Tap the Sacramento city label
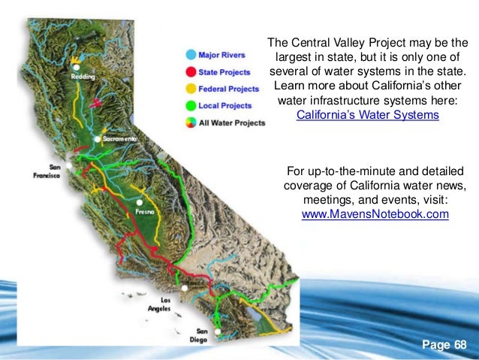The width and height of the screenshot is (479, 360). [x=119, y=141]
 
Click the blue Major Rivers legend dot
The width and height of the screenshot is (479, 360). [x=191, y=54]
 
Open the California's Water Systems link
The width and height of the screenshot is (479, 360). [x=367, y=115]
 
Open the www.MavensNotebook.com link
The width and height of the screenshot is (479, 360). [x=375, y=214]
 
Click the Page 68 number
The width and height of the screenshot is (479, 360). [x=444, y=345]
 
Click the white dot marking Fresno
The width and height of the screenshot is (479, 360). [x=140, y=202]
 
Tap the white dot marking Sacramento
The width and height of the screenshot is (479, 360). [x=98, y=140]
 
